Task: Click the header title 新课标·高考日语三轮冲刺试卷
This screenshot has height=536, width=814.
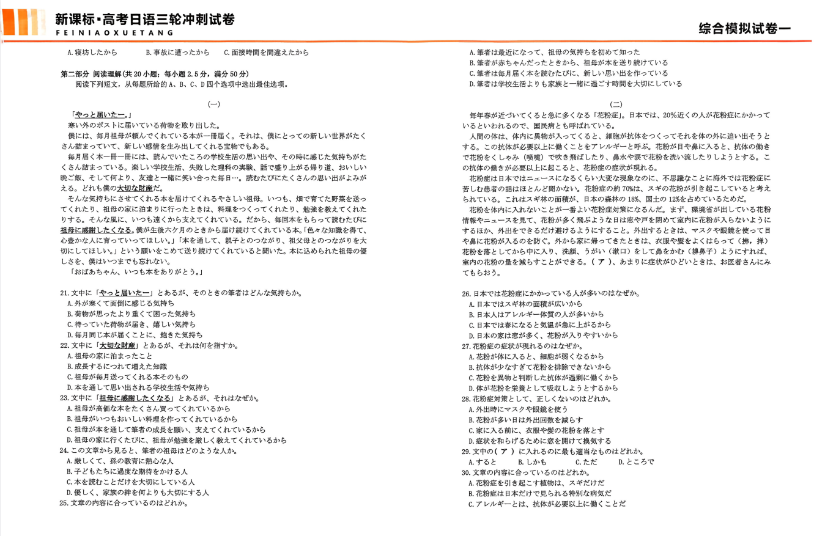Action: pyautogui.click(x=144, y=19)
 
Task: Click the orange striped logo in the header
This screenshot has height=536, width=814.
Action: pyautogui.click(x=24, y=23)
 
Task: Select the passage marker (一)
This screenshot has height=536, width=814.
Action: pyautogui.click(x=214, y=105)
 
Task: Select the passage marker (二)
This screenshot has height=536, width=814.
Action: pyautogui.click(x=616, y=105)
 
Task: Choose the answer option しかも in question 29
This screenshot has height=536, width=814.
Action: pyautogui.click(x=532, y=461)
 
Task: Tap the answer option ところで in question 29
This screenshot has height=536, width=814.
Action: pyautogui.click(x=636, y=461)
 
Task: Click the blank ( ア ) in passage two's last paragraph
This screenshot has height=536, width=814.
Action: pyautogui.click(x=602, y=262)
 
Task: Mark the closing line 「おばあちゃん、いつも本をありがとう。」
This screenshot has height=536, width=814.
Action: pyautogui.click(x=137, y=272)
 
